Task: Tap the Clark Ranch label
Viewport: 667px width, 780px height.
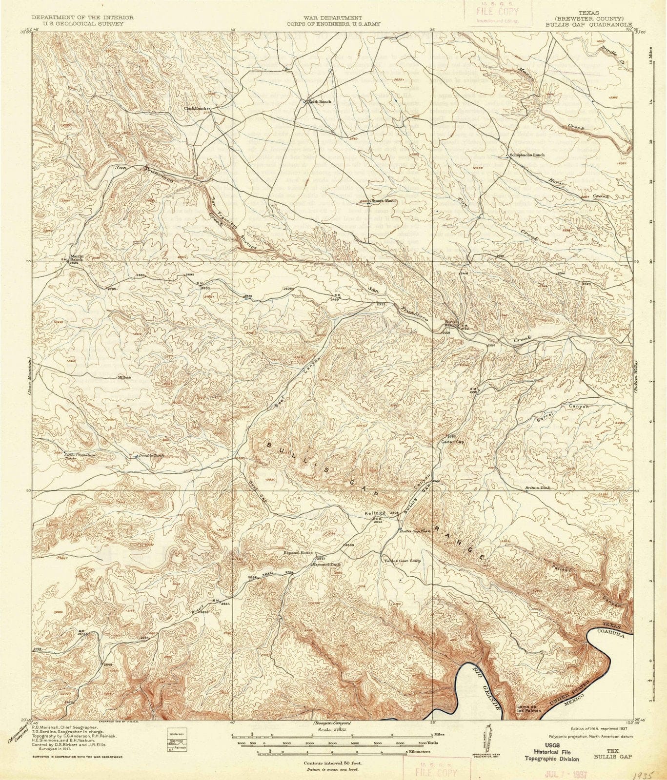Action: pos(195,108)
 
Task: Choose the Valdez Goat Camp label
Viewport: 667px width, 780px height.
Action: pos(402,560)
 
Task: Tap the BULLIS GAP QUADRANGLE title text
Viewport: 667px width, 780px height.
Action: pos(588,23)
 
